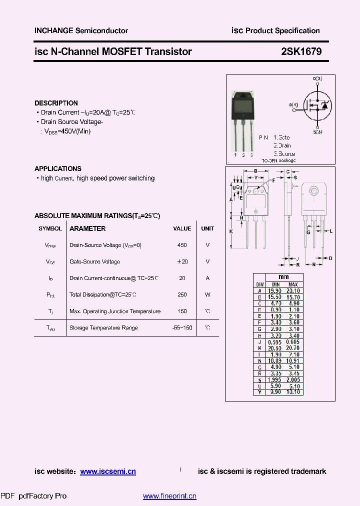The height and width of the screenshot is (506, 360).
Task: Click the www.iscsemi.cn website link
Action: point(107,471)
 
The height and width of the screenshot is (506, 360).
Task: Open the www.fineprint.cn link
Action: point(169,496)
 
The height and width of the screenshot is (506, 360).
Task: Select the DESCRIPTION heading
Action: point(56,103)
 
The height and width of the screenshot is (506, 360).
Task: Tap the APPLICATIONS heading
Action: point(58,168)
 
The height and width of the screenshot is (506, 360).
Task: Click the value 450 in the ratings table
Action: point(182,245)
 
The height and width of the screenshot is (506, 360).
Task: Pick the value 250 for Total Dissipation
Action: point(182,295)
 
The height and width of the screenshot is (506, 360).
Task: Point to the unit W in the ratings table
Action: point(207,295)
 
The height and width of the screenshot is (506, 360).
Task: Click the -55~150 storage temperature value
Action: point(182,328)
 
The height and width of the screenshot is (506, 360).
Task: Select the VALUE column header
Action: point(182,228)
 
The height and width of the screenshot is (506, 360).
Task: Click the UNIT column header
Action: point(207,228)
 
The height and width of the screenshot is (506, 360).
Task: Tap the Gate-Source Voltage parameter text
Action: point(94,261)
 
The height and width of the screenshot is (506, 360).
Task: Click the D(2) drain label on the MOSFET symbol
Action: point(317,79)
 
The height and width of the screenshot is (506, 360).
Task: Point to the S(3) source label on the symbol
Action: point(317,131)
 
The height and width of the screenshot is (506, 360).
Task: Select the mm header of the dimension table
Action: point(283,277)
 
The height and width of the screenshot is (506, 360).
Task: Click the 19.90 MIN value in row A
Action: point(274,290)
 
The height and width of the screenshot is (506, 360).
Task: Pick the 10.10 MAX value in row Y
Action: point(293,392)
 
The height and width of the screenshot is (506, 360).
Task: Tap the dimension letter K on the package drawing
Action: point(231,231)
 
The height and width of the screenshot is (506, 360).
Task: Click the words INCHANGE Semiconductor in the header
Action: point(81,30)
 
